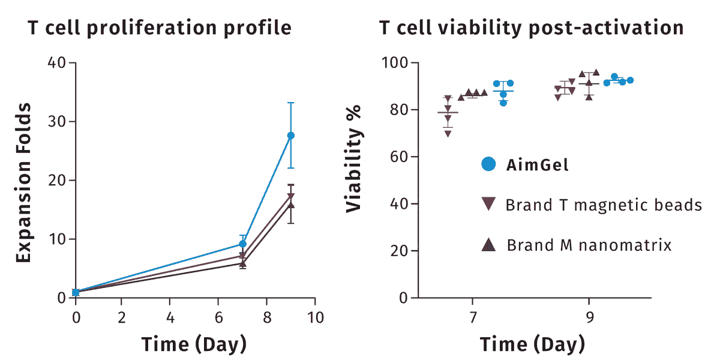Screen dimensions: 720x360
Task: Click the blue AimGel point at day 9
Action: coord(290,136)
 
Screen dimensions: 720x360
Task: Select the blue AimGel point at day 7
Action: coord(242,244)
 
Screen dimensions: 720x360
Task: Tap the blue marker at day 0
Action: coord(76,293)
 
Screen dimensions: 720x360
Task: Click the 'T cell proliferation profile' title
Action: coord(160,28)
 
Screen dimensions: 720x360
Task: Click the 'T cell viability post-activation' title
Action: coord(532,28)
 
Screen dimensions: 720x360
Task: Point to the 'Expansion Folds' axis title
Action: coord(23,182)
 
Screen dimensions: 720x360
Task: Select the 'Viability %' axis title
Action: coord(353,159)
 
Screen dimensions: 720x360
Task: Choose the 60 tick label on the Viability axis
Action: coord(399,157)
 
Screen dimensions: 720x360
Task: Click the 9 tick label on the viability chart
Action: coord(589,317)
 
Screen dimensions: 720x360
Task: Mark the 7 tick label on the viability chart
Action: coord(473,317)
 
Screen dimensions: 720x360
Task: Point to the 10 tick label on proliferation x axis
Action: coord(316,317)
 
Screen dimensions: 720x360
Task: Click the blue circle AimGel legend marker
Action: coord(488,164)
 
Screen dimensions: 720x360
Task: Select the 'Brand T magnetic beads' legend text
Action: coord(604,205)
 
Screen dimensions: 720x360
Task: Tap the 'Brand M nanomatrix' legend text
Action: coord(589,245)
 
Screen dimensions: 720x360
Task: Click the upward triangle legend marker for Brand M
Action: coord(488,245)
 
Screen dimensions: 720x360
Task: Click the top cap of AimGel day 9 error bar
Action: coord(290,103)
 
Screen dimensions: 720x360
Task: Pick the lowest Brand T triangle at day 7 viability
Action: coord(448,134)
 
